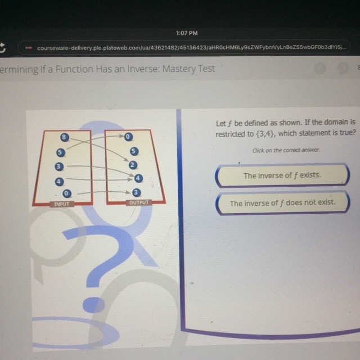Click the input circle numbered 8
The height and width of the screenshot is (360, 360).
click(x=65, y=137)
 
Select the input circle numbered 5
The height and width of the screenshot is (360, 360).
click(x=60, y=152)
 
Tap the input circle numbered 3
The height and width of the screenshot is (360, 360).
click(x=58, y=166)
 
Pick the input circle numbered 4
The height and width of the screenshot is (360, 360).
click(x=59, y=182)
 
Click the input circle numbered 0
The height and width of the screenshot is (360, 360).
click(x=66, y=193)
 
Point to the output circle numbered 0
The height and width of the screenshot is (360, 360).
click(x=128, y=137)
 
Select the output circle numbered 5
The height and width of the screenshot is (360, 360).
click(x=134, y=151)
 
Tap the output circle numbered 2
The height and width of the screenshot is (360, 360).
click(x=133, y=165)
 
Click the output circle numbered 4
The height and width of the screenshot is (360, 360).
click(x=138, y=178)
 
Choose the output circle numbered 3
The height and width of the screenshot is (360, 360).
click(x=136, y=192)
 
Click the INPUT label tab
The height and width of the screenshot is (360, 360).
click(x=62, y=204)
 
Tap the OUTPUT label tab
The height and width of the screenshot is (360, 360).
click(x=139, y=202)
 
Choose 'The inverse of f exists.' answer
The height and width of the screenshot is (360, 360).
click(x=282, y=175)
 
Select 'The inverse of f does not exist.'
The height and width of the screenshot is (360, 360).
click(x=282, y=203)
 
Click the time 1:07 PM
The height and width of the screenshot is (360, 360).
click(x=187, y=33)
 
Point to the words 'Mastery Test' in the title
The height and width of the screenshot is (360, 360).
click(x=188, y=69)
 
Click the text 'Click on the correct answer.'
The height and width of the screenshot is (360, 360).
click(x=286, y=150)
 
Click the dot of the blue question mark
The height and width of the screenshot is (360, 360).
click(x=93, y=305)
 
